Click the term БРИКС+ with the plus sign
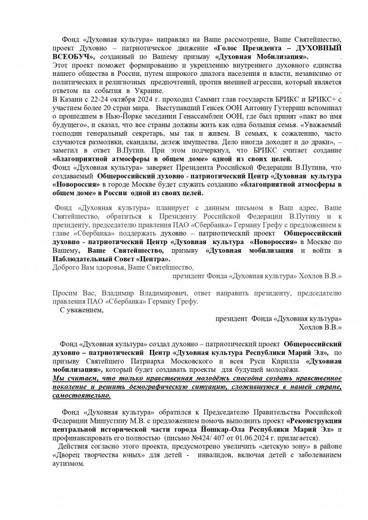(324, 98)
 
